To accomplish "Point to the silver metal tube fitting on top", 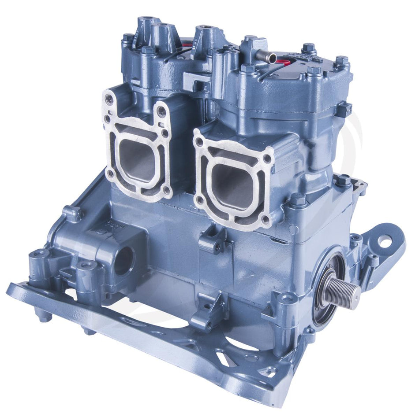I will pyautogui.click(x=267, y=56).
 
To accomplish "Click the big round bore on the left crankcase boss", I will pyautogui.click(x=125, y=260).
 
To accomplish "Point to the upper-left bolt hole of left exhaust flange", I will pyautogui.click(x=109, y=100).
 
